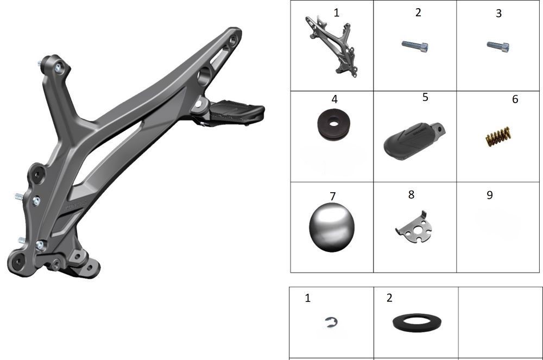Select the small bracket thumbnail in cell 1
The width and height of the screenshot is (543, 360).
[331, 46]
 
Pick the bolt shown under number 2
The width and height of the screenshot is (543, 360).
[415, 46]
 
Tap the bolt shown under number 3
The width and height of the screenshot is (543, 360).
[498, 46]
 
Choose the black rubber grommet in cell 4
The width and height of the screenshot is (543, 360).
[333, 124]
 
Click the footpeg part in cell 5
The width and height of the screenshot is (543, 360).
[414, 140]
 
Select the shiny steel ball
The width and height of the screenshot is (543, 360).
[332, 228]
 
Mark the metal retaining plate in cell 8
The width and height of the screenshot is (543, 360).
[414, 228]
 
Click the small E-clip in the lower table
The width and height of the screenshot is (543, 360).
[332, 323]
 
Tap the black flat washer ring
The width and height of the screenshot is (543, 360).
[417, 323]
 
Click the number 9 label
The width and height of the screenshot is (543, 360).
[490, 195]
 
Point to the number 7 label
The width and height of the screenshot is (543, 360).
[333, 196]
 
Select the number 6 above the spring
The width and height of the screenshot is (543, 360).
[515, 99]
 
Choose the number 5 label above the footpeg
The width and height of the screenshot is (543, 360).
[425, 97]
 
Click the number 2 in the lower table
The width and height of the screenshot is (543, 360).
[389, 298]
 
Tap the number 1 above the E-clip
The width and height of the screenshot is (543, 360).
[307, 298]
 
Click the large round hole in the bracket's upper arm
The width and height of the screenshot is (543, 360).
[204, 75]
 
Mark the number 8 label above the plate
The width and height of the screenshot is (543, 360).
[411, 194]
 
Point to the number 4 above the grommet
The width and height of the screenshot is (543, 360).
[334, 99]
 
